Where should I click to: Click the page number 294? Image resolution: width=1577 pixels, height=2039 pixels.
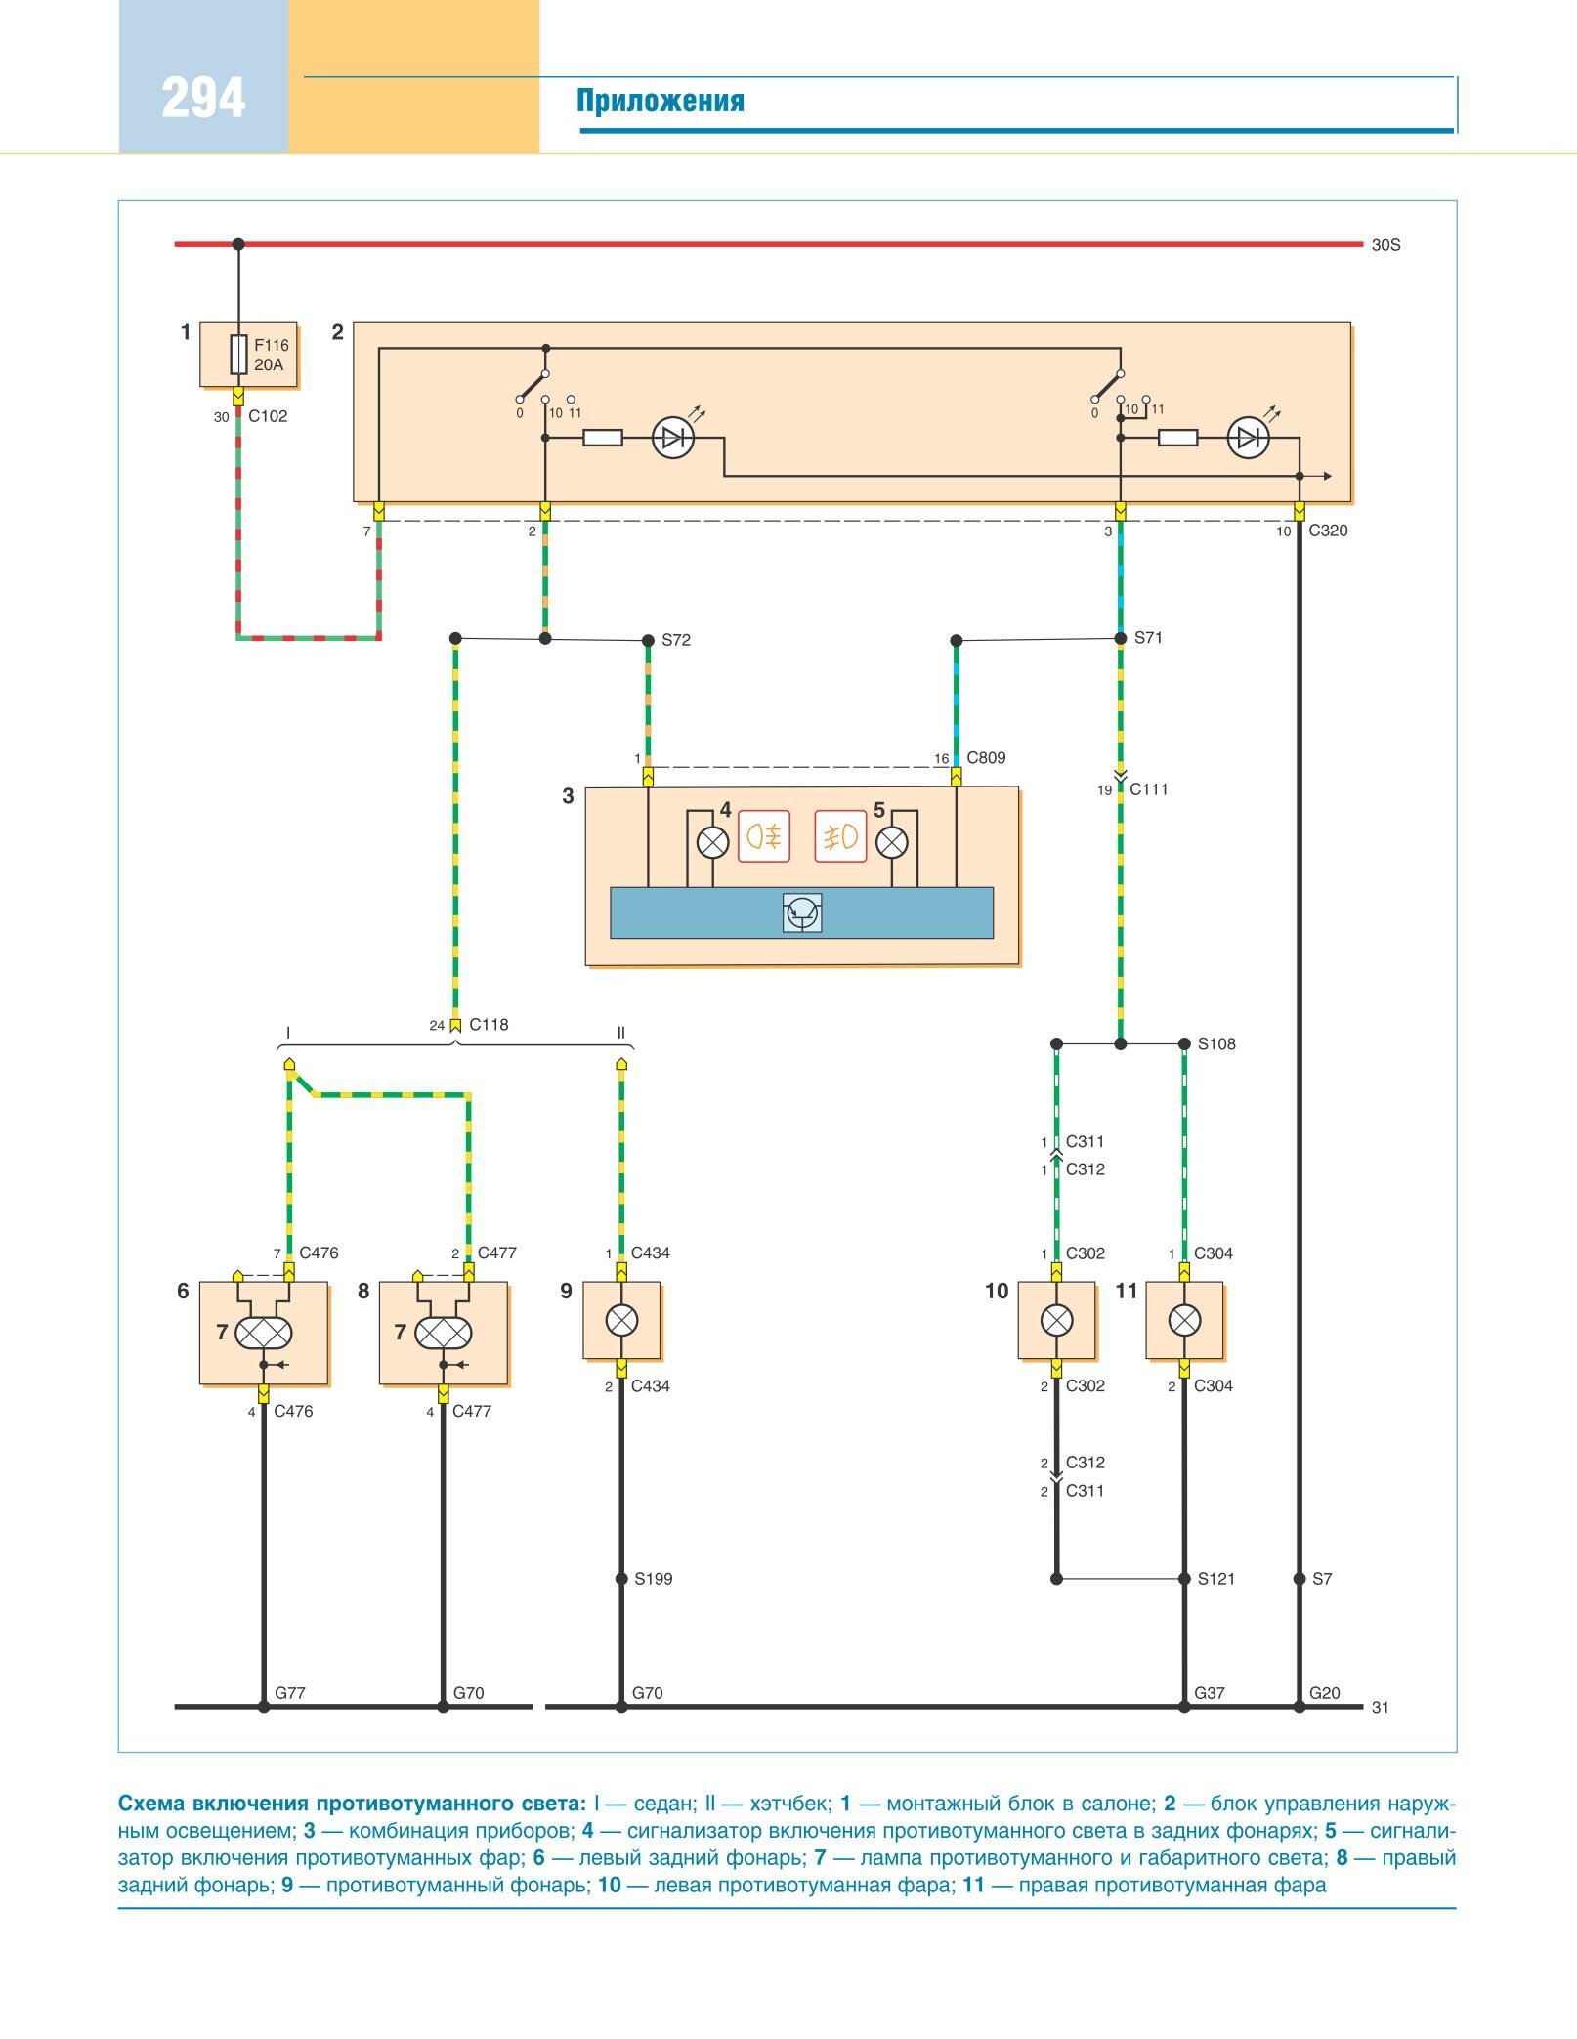tap(203, 99)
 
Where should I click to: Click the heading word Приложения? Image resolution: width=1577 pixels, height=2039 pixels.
tap(661, 102)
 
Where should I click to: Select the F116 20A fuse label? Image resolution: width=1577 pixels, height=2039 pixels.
tap(271, 355)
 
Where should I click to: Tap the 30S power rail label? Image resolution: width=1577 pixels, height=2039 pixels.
tap(1385, 245)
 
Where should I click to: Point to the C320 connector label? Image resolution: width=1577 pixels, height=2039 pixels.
tap(1328, 531)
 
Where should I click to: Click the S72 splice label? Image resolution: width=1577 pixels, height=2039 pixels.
tap(676, 640)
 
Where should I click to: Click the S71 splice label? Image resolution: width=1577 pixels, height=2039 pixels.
tap(1148, 638)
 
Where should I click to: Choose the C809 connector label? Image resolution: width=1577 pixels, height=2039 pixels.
tap(986, 757)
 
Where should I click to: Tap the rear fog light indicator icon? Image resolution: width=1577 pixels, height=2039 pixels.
tap(763, 836)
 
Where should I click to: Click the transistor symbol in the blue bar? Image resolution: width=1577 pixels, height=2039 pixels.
tap(802, 913)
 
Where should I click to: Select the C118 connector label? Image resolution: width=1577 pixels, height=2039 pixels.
tap(489, 1024)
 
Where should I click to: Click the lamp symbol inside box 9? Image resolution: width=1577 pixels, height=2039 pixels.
tap(621, 1321)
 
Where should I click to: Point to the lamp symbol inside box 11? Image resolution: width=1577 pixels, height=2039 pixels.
tap(1184, 1321)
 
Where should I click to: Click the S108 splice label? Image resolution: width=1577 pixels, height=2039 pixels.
tap(1216, 1043)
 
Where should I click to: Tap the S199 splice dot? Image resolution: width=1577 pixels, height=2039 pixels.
tap(621, 1578)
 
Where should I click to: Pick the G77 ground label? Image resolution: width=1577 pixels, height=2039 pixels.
tap(290, 1692)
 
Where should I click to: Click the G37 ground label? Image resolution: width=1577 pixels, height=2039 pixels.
tap(1209, 1692)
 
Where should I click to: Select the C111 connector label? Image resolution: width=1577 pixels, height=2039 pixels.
tap(1149, 789)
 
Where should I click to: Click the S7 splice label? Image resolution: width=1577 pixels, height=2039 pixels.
tap(1321, 1578)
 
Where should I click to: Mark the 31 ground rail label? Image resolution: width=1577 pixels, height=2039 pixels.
tap(1380, 1707)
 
